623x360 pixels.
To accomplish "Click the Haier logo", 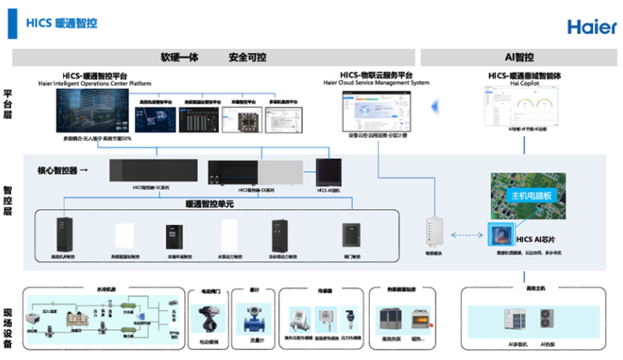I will [x=591, y=26].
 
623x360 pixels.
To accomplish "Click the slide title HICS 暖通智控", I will [x=62, y=23].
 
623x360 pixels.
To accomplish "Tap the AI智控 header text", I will [x=519, y=57].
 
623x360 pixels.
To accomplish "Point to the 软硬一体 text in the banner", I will [x=179, y=58].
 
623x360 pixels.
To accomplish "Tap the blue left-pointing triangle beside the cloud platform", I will [x=434, y=105].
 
